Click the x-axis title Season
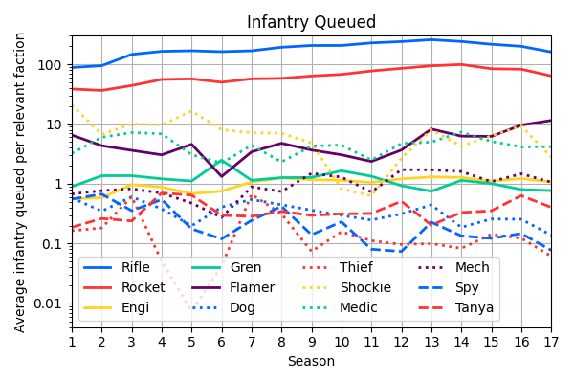coord(311,362)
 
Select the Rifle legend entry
coord(135,267)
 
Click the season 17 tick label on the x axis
coord(551,342)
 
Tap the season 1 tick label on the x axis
coord(72,342)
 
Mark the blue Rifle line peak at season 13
coord(431,39)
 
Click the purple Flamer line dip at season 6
coord(222,176)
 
